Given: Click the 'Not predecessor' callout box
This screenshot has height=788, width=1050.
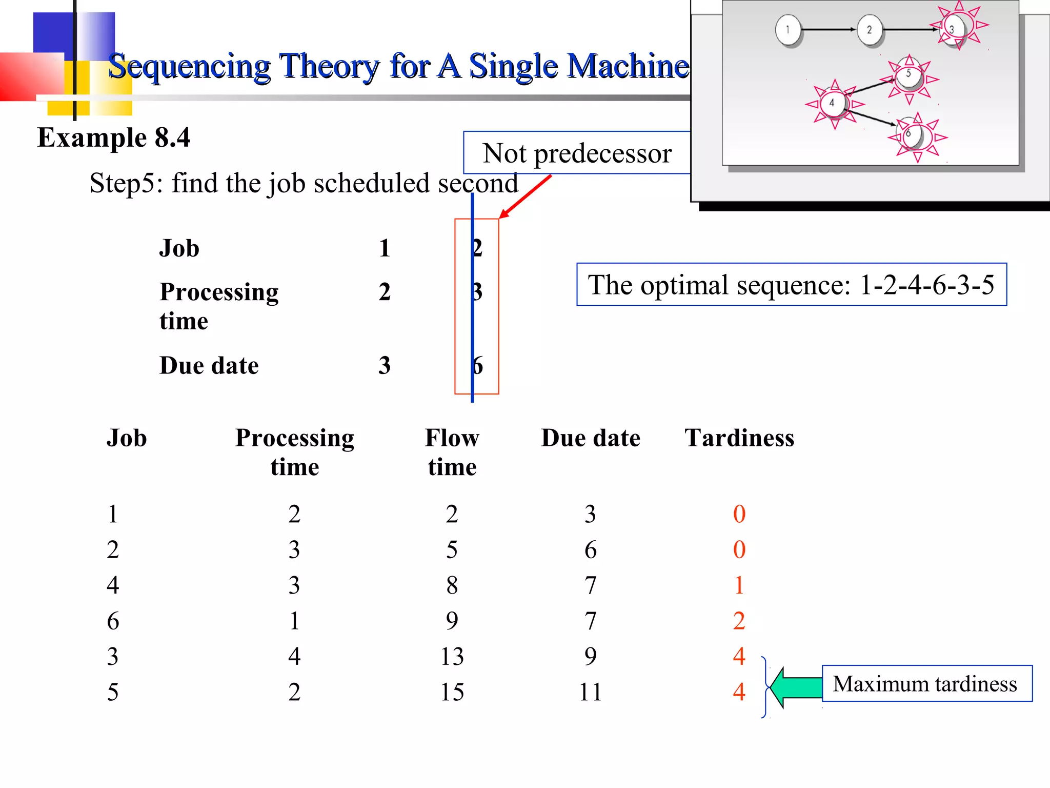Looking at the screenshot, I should pyautogui.click(x=577, y=153).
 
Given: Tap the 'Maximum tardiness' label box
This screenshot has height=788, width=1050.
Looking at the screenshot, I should pyautogui.click(x=926, y=683).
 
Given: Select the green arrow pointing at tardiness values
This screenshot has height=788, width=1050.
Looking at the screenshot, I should pyautogui.click(x=796, y=687).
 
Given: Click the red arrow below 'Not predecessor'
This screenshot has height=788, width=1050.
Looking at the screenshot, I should pyautogui.click(x=525, y=196).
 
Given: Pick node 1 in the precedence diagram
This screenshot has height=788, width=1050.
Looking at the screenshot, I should pyautogui.click(x=788, y=30).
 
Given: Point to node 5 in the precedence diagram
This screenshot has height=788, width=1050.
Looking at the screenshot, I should pyautogui.click(x=908, y=75).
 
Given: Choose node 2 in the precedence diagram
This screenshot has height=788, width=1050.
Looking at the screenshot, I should pyautogui.click(x=869, y=30).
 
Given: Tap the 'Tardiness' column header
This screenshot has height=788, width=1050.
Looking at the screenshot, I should pyautogui.click(x=739, y=438).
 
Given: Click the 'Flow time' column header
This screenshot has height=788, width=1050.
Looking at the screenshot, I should pyautogui.click(x=452, y=452).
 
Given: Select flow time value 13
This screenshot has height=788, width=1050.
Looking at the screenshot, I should pyautogui.click(x=452, y=657).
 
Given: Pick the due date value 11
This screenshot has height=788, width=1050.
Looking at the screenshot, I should pyautogui.click(x=590, y=692).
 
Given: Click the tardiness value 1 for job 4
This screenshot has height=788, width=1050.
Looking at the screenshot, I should pyautogui.click(x=739, y=585).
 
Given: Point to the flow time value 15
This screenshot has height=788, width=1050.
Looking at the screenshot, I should pyautogui.click(x=452, y=692).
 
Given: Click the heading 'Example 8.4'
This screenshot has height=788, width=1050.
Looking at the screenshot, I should pyautogui.click(x=114, y=137).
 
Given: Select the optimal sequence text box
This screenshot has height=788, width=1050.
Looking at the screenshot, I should pyautogui.click(x=791, y=285).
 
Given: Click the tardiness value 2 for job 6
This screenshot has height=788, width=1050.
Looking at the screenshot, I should pyautogui.click(x=739, y=621).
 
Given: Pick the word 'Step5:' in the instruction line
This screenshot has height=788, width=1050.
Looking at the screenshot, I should pyautogui.click(x=126, y=183).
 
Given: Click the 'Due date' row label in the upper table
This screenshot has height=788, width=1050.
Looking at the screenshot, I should pyautogui.click(x=209, y=366).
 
